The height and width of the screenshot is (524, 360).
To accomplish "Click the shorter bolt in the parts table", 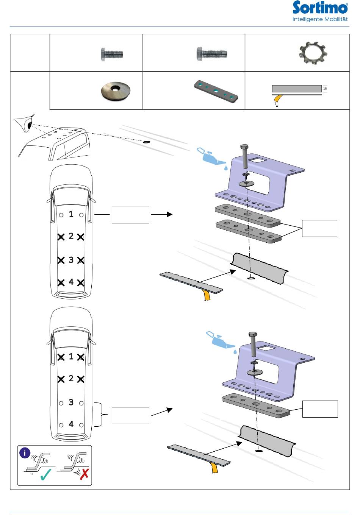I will tap(112, 54).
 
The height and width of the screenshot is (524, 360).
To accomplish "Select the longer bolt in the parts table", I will tap(212, 54).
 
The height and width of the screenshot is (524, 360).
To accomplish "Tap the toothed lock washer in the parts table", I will tap(313, 53).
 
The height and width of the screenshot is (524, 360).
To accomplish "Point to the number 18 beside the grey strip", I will tap(325, 89).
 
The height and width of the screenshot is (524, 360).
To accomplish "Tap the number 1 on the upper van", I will tap(71, 214).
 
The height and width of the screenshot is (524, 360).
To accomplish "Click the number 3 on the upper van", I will tap(71, 260).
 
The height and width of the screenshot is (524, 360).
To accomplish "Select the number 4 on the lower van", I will tap(71, 424).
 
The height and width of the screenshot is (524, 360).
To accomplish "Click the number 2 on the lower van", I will tap(71, 379).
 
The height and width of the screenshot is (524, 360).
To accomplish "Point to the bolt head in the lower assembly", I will tap(253, 335).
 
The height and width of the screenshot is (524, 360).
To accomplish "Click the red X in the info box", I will tap(85, 474).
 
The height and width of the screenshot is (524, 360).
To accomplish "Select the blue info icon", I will tap(25, 453).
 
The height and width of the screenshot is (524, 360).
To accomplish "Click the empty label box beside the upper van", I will tap(130, 215).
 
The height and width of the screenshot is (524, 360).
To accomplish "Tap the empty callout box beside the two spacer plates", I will tap(319, 228).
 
